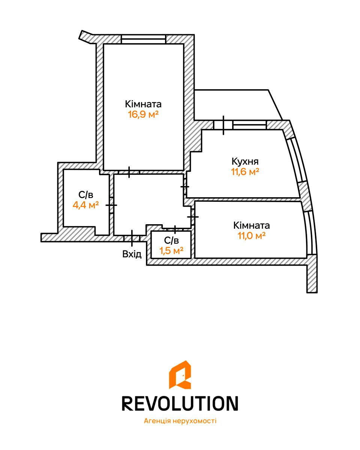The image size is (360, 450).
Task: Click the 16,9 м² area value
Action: click(143, 114)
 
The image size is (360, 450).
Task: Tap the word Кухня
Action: click(245, 161)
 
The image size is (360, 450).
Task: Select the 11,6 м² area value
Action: click(245, 172)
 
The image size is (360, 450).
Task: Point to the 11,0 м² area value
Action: click(251, 235)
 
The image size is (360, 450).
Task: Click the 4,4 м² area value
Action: click(85, 205)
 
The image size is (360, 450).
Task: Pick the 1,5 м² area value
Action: click(171, 250)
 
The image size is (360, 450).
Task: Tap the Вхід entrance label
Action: click(132, 254)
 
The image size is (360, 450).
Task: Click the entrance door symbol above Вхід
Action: click(132, 238)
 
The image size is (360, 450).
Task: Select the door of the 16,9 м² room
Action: click(129, 172)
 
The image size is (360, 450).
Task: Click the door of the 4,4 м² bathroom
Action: click(111, 205)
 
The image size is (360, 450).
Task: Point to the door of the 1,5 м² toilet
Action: click(175, 229)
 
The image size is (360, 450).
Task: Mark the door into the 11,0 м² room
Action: click(193, 217)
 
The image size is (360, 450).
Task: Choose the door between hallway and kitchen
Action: click(185, 186)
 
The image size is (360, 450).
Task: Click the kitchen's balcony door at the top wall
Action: click(223, 125)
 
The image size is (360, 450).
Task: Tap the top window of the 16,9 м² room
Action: click(144, 39)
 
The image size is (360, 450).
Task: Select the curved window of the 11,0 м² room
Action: click(310, 233)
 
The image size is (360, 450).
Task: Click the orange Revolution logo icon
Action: click(180, 374)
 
